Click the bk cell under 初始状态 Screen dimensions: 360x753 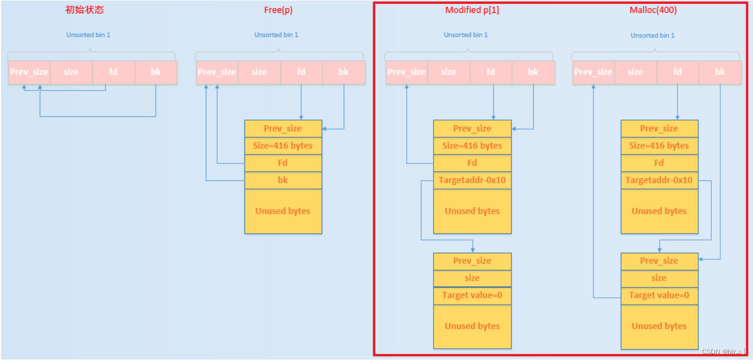(x=155, y=72)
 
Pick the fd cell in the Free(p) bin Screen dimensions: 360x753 (x=301, y=72)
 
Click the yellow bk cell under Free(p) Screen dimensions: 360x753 (x=283, y=180)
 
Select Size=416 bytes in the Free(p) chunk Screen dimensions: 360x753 (x=283, y=146)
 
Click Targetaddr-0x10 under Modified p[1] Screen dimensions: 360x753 (x=472, y=180)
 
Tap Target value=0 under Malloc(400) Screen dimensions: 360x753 (x=659, y=295)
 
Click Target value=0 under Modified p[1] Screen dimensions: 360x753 (x=472, y=295)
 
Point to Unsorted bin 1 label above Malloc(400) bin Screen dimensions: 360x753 (x=652, y=35)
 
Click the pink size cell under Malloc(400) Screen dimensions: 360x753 (x=635, y=72)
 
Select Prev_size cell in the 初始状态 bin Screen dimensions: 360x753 (x=29, y=72)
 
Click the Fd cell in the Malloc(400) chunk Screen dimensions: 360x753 (x=659, y=163)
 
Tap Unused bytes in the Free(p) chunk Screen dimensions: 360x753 (x=283, y=211)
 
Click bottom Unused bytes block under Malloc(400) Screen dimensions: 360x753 (x=659, y=326)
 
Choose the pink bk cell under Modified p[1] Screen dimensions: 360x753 (x=533, y=72)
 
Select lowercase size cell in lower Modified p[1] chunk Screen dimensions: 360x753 (x=472, y=278)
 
